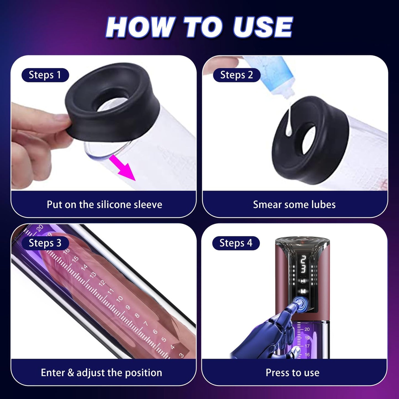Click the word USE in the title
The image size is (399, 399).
pyautogui.click(x=262, y=27)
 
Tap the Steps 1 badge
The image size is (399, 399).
pyautogui.click(x=45, y=75)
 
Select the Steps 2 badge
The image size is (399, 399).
pyautogui.click(x=237, y=75)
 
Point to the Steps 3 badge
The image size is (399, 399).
pyautogui.click(x=45, y=243)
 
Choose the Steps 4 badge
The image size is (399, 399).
pyautogui.click(x=236, y=243)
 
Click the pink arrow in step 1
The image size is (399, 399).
pyautogui.click(x=123, y=168)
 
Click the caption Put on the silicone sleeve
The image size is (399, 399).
pyautogui.click(x=104, y=205)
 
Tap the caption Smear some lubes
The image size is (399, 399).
pyautogui.click(x=294, y=205)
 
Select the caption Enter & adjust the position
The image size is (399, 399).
pyautogui.click(x=101, y=372)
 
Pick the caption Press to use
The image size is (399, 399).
pyautogui.click(x=292, y=372)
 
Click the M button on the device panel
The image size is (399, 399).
pyautogui.click(x=303, y=291)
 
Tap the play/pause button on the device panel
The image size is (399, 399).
pyautogui.click(x=303, y=281)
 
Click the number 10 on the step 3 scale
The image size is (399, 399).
pyautogui.click(x=120, y=299)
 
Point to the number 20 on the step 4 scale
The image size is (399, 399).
pyautogui.click(x=307, y=329)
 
